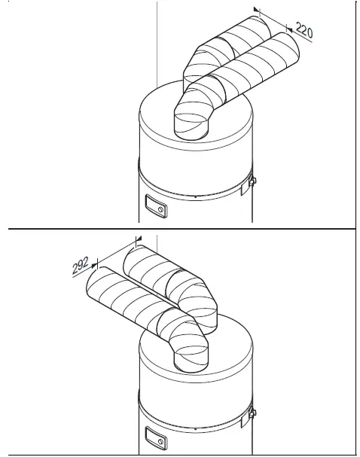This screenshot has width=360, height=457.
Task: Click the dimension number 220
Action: click(x=304, y=31)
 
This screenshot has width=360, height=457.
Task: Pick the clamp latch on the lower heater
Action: click(x=251, y=411)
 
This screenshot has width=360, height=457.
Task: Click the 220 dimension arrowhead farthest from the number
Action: click(x=256, y=11)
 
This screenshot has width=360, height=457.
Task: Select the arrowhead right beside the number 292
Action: click(x=95, y=264)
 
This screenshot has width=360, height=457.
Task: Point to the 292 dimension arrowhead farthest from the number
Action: click(x=136, y=240)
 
